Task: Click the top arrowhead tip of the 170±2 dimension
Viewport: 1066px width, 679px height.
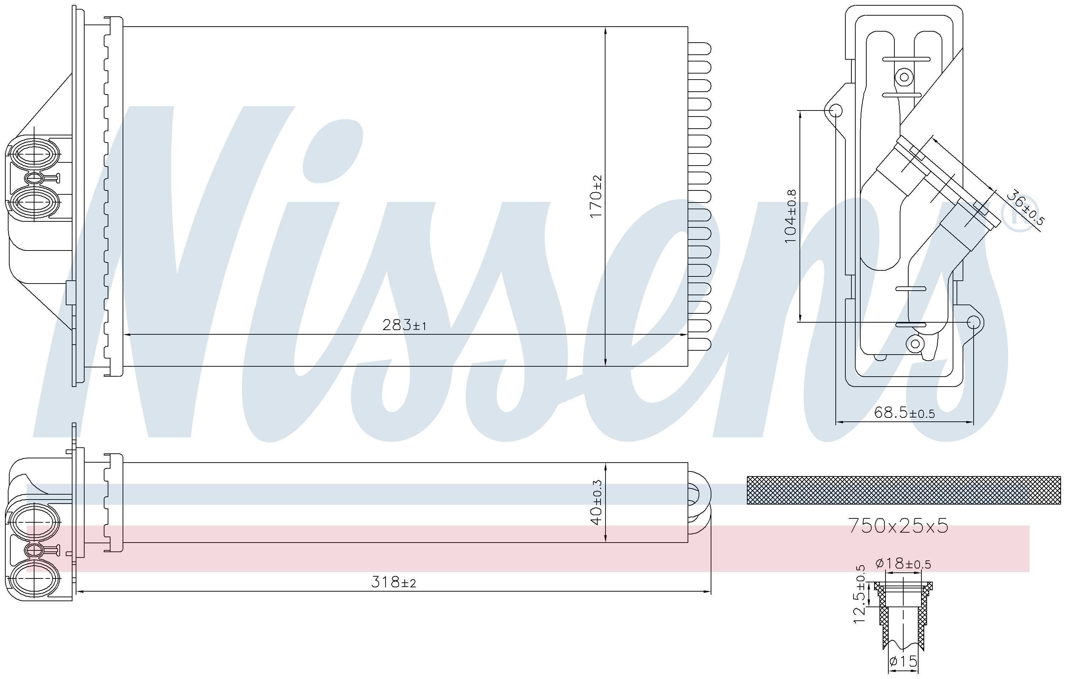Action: (x=605, y=27)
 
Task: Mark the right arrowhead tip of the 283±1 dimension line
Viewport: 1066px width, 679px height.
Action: (x=688, y=335)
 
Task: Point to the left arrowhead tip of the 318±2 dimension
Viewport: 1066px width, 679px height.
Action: (x=77, y=591)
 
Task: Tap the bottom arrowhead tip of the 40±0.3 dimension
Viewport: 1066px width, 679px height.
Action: (x=605, y=542)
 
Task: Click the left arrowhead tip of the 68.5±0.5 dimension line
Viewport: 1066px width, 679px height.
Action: (x=836, y=422)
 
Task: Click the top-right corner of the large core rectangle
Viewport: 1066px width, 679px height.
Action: (x=688, y=27)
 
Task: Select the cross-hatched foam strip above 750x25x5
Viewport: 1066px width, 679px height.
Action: (x=904, y=490)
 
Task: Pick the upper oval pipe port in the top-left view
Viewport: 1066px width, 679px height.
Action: (x=34, y=153)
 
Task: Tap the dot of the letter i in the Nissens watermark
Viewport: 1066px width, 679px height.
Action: (x=333, y=151)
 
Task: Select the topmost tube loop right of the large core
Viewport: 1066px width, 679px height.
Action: (x=699, y=48)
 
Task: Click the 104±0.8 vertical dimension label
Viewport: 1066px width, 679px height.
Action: (x=790, y=216)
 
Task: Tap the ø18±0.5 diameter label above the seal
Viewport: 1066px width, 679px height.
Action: (x=903, y=564)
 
